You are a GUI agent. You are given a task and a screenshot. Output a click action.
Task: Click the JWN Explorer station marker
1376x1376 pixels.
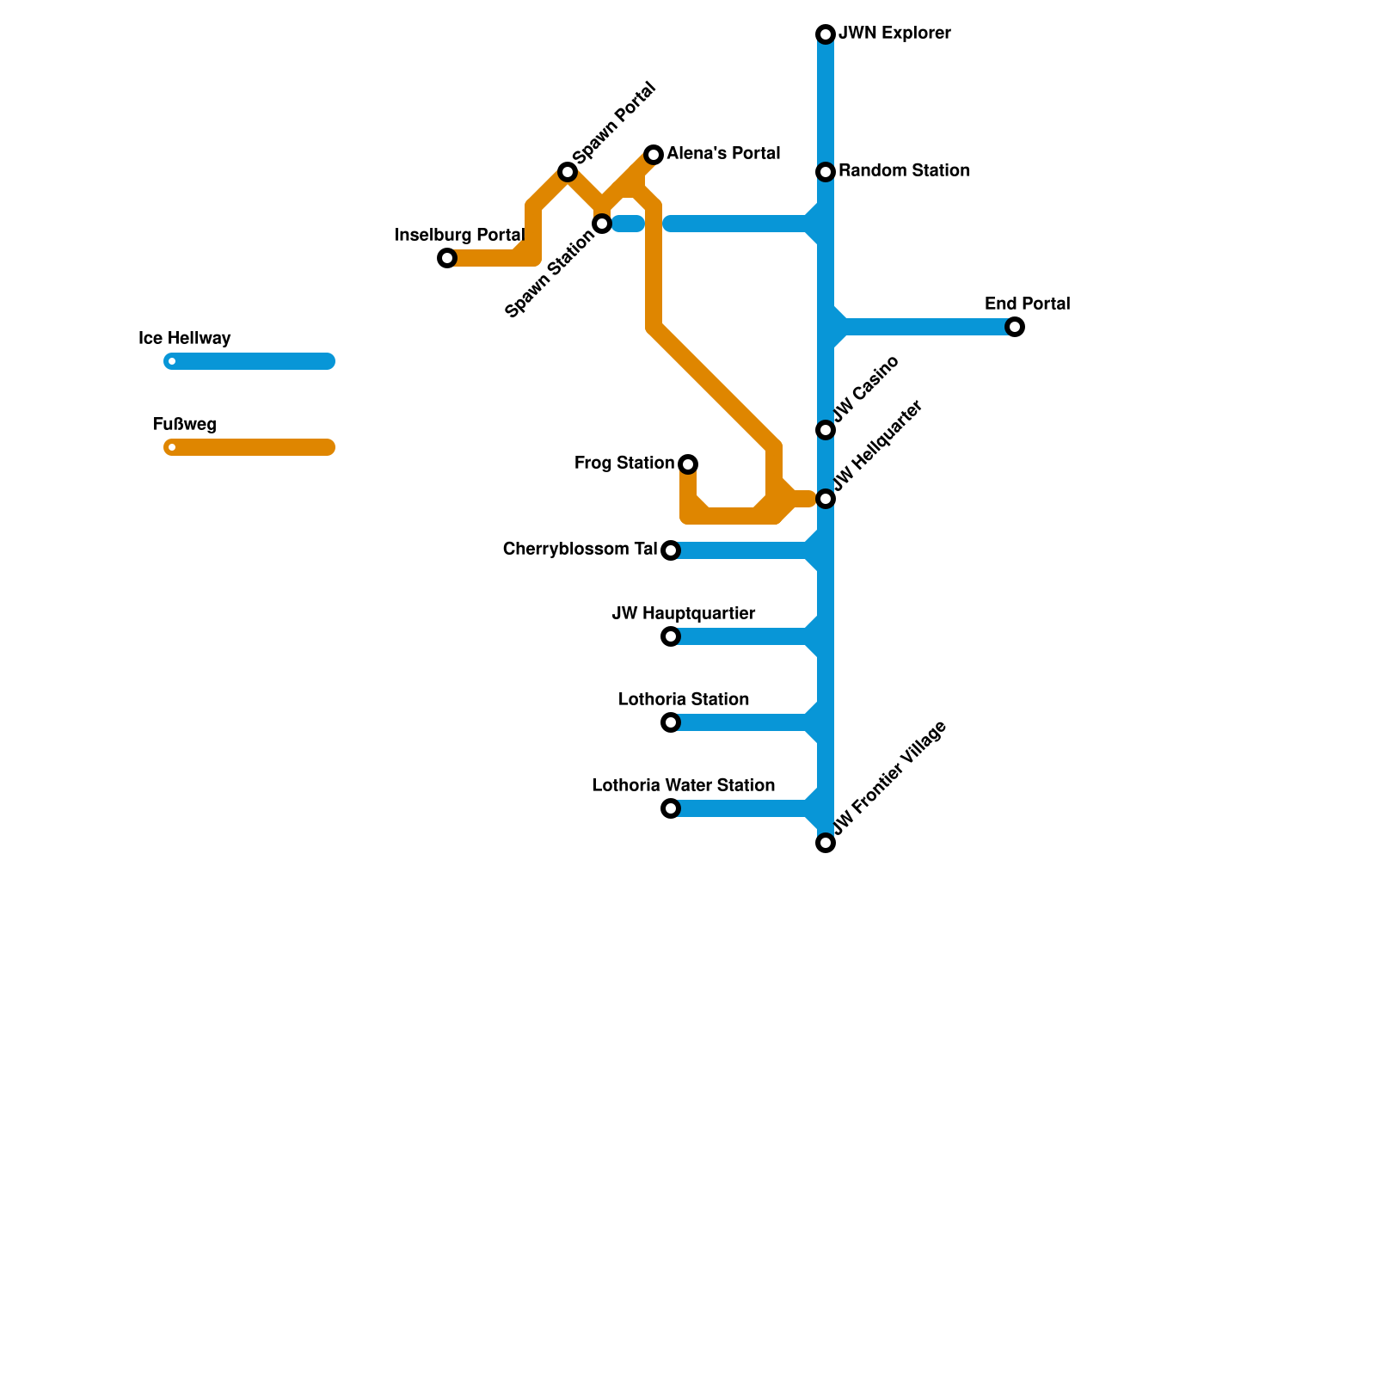coord(826,34)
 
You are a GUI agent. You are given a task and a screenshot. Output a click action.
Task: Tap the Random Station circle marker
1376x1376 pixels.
coord(826,172)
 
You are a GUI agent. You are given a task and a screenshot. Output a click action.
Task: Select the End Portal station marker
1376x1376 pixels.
coord(1015,327)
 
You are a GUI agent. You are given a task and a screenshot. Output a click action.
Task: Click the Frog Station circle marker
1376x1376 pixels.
coord(688,464)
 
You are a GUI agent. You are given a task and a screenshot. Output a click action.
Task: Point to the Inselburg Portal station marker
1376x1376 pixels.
coord(447,258)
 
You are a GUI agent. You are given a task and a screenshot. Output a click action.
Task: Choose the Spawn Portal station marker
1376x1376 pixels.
coord(568,172)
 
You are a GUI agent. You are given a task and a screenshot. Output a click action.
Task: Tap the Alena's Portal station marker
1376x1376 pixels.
coord(654,155)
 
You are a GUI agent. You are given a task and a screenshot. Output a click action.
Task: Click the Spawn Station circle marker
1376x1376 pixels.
coord(602,224)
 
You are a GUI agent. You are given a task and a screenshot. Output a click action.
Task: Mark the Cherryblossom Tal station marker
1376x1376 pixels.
coord(671,550)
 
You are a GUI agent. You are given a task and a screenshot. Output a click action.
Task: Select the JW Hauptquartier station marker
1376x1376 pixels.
coord(671,636)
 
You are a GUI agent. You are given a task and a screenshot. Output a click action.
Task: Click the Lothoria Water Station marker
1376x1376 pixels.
coord(671,808)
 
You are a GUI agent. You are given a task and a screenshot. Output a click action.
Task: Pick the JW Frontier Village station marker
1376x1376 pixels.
coord(826,843)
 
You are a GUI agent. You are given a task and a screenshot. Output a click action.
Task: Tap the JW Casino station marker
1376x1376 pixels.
coord(826,430)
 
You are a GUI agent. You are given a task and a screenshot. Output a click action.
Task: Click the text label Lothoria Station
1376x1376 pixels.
coord(684,699)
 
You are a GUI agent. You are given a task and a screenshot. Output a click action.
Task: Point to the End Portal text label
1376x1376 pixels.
coord(1027,304)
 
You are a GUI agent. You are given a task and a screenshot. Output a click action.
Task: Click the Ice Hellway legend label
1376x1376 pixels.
coord(185,338)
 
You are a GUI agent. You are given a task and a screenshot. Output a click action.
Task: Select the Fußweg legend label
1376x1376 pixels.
coord(185,424)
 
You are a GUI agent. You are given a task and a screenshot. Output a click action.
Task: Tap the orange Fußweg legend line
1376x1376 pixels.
coord(249,447)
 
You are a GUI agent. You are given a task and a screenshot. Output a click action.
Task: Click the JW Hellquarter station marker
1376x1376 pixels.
coord(826,499)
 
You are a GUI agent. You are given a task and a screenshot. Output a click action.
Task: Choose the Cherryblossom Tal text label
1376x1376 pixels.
coord(580,549)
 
